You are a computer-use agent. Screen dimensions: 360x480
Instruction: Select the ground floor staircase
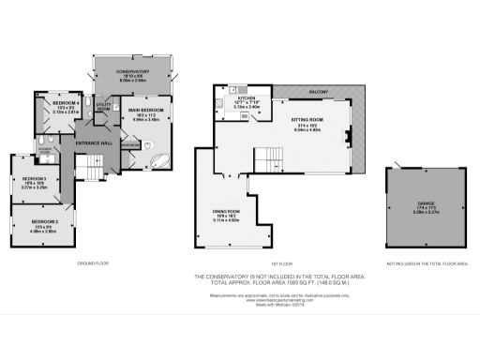tap(90, 170)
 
